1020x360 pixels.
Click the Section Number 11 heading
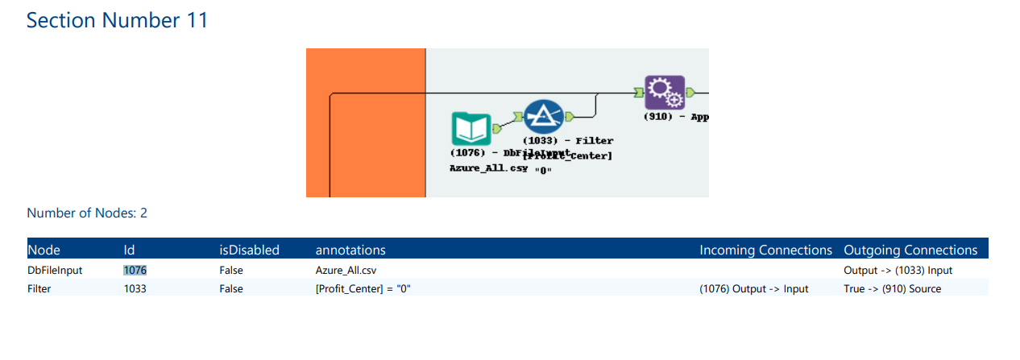[x=117, y=20]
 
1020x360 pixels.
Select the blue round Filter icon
[x=544, y=118]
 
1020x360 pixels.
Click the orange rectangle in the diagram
[x=365, y=122]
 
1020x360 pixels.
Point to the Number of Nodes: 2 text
[x=87, y=213]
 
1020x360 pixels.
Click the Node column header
[x=44, y=250]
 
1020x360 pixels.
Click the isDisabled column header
[x=249, y=250]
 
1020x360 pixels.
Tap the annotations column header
[x=350, y=250]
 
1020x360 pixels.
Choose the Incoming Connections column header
[x=765, y=250]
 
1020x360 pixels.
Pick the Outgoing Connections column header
[x=910, y=250]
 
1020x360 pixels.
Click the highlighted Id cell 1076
[x=135, y=271]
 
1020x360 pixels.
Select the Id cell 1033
[x=135, y=288]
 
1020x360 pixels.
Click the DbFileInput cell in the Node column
[x=55, y=271]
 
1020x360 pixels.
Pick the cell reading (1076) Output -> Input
[x=753, y=288]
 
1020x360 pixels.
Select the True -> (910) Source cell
[x=892, y=288]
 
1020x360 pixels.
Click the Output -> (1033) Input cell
[x=898, y=271]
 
